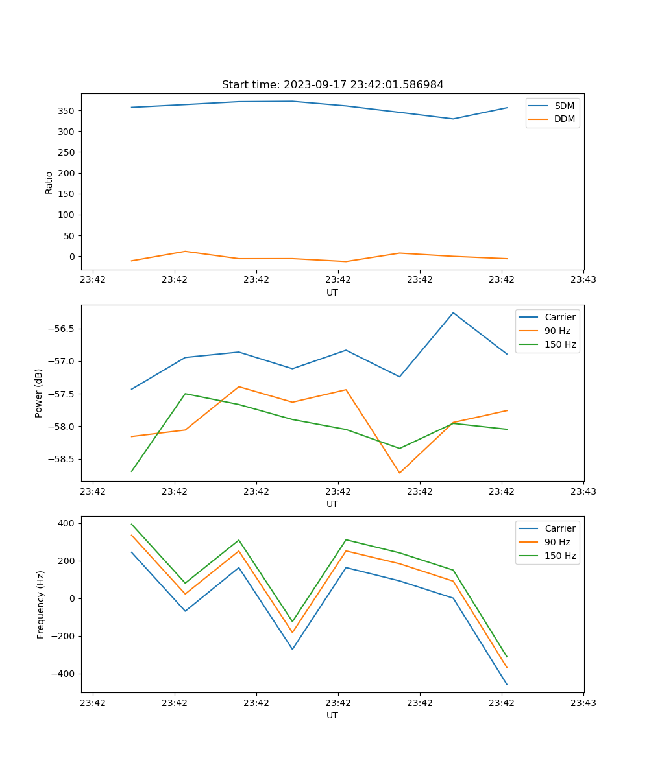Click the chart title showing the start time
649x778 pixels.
pos(332,85)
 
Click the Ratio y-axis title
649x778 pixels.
pos(49,182)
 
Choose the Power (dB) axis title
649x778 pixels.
pos(39,393)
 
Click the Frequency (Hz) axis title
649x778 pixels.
pos(41,604)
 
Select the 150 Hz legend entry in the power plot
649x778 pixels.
pos(560,344)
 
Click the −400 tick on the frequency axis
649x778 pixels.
pos(66,674)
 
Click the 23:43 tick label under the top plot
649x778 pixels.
pos(583,280)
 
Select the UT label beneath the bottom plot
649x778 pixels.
pos(332,715)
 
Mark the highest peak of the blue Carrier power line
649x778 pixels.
pos(453,313)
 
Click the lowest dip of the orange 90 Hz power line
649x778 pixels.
pos(399,473)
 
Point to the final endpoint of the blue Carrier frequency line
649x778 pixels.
pos(507,684)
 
